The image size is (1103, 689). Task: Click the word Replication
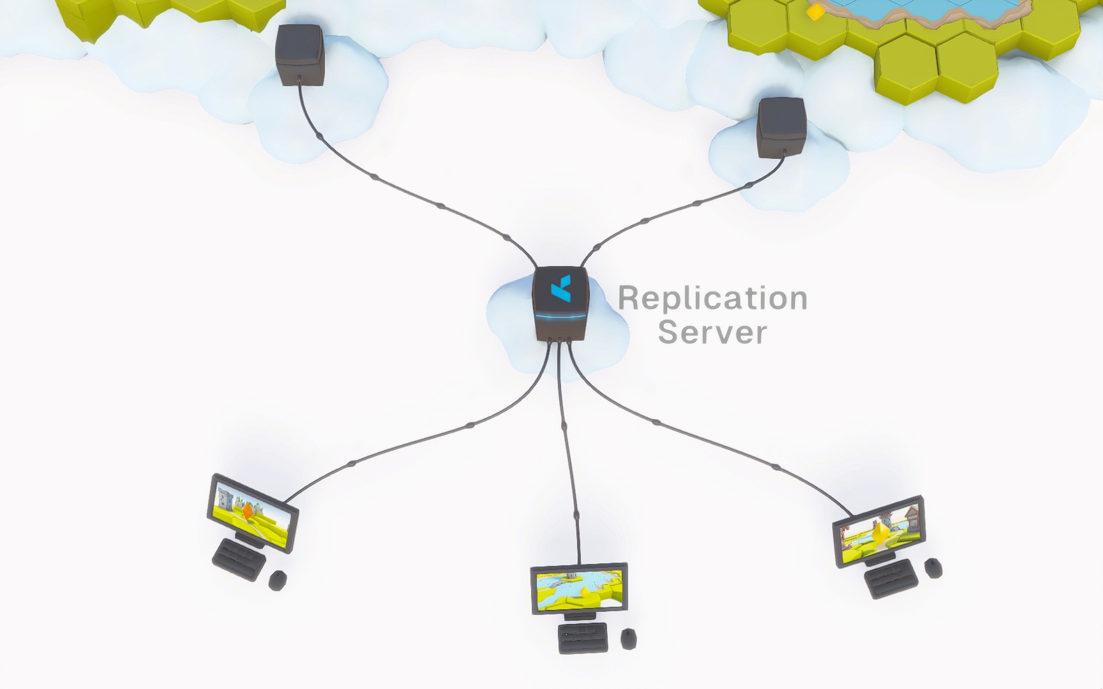(712, 299)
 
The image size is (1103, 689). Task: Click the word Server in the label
(712, 332)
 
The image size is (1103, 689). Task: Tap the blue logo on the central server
(561, 289)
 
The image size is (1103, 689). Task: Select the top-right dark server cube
(781, 127)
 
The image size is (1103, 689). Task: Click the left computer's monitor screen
(253, 510)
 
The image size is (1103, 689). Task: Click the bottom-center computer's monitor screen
(578, 588)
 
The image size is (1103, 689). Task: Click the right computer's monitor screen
(879, 533)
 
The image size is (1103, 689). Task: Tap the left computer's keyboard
(239, 559)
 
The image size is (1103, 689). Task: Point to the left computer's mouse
(278, 580)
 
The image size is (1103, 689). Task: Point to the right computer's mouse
(933, 567)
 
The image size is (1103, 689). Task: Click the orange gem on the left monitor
(247, 511)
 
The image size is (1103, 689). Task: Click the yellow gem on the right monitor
(881, 531)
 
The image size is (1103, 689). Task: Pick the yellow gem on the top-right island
(814, 11)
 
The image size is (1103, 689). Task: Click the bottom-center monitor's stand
(580, 616)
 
